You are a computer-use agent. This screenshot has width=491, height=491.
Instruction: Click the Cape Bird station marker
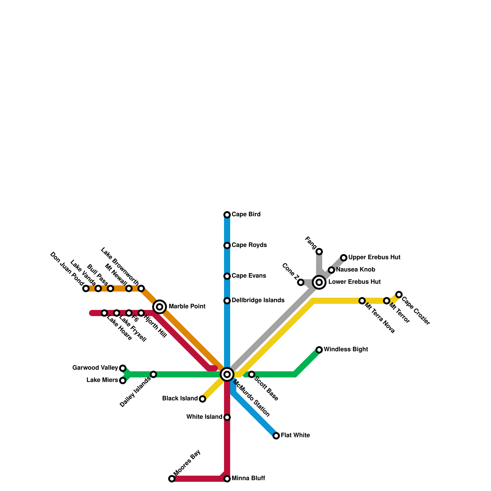(x=227, y=215)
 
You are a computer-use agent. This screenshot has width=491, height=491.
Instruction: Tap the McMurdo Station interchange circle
(x=227, y=374)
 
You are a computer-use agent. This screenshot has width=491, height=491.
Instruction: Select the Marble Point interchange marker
(x=160, y=307)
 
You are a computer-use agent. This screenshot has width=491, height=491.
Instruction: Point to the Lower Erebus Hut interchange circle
(x=319, y=282)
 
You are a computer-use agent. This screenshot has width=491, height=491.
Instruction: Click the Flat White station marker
(x=276, y=436)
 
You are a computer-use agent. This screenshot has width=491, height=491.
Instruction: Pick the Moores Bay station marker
(x=172, y=479)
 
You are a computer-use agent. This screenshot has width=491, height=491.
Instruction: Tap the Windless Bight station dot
(x=319, y=350)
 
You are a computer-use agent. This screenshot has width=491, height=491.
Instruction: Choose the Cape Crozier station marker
(x=399, y=295)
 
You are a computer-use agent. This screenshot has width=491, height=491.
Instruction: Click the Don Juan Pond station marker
(x=86, y=288)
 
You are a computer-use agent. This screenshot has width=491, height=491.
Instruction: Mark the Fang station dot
(x=319, y=252)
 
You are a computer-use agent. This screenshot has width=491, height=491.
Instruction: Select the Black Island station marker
(x=203, y=399)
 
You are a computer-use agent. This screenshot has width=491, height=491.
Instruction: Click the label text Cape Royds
(x=249, y=245)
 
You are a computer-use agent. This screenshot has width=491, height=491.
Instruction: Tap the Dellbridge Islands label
(x=258, y=300)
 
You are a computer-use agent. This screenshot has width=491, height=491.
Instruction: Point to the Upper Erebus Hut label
(x=374, y=257)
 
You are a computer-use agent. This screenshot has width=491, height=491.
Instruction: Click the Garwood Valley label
(x=95, y=368)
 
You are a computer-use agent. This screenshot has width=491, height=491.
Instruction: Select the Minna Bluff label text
(x=248, y=478)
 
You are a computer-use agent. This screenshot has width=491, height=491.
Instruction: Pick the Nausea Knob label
(x=355, y=270)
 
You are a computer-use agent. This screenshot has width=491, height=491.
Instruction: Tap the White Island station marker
(x=227, y=417)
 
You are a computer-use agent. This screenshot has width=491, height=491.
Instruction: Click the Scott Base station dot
(x=252, y=374)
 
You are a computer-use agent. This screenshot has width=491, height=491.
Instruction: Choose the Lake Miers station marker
(x=123, y=381)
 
